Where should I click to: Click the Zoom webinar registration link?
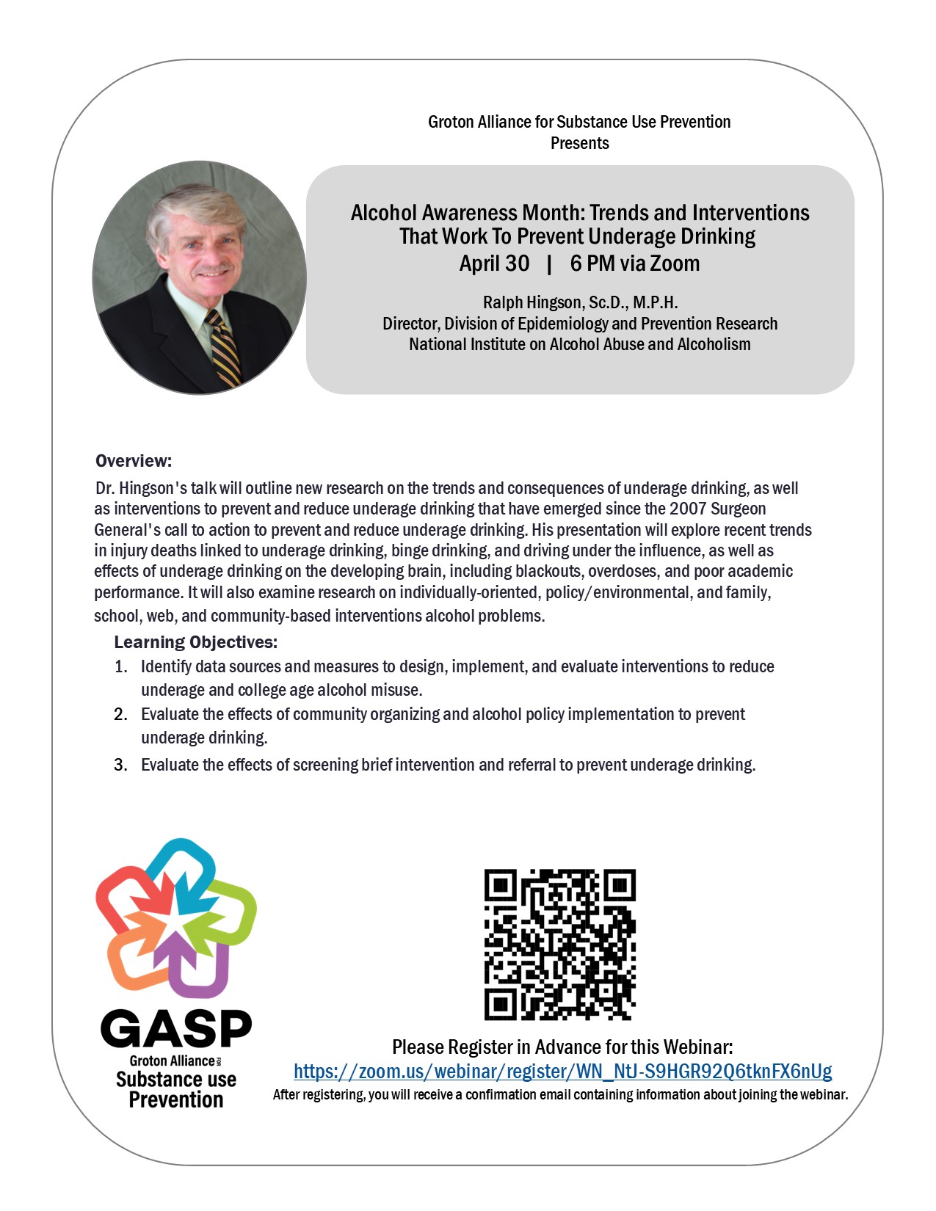(x=562, y=1072)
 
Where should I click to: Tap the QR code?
(x=559, y=945)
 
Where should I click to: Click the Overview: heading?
(x=134, y=461)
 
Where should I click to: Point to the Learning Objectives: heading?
(x=195, y=642)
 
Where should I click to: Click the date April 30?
(x=494, y=263)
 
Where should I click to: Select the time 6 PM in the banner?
(x=593, y=263)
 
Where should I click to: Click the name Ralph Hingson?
(x=532, y=302)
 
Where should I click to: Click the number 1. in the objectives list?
(x=121, y=666)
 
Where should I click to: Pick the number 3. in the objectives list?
(x=121, y=765)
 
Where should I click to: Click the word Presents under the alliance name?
(x=580, y=143)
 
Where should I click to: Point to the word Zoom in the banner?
(x=675, y=263)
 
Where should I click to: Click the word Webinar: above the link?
(x=697, y=1047)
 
